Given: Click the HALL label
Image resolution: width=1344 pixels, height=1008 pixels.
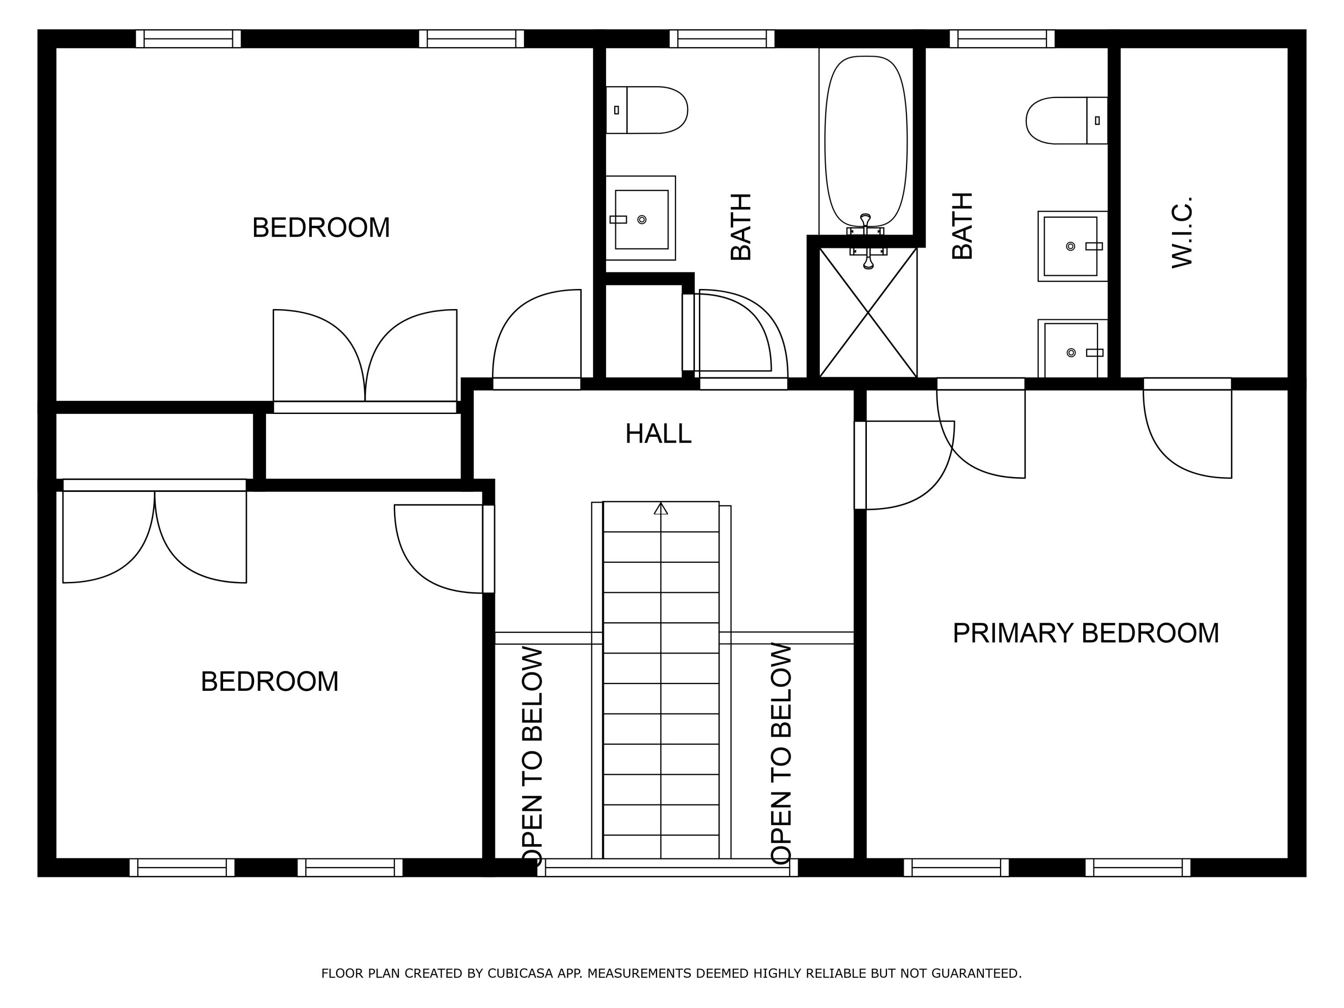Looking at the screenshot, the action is coord(658,434).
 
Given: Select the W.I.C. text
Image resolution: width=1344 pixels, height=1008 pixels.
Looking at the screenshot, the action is coord(1182,232).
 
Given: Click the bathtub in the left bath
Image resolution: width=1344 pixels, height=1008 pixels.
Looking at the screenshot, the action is coord(866,142).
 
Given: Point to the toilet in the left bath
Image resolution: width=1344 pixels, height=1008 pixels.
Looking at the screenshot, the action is coord(646,110).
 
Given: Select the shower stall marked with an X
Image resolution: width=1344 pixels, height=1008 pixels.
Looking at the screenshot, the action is coord(868,312).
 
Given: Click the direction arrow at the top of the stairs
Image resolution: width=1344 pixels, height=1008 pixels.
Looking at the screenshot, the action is coord(661,508).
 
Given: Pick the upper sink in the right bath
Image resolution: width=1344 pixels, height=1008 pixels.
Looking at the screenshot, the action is coord(1073,246).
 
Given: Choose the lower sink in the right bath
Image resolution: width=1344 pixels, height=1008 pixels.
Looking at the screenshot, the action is coord(1073,349).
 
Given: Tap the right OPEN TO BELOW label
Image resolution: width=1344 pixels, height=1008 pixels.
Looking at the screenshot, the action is coord(781,754).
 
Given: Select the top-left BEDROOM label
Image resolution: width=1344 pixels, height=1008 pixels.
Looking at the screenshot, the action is coord(321,228).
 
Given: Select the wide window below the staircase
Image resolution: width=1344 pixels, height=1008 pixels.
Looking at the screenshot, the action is coord(667,868).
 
